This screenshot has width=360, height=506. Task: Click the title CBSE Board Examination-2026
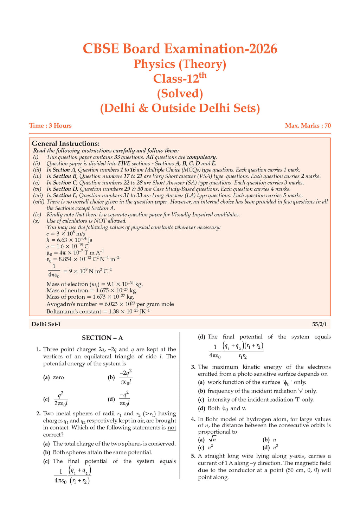(x=180, y=49)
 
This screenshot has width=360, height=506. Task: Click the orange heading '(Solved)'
(x=180, y=93)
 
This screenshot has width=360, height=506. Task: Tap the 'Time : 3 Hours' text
(x=50, y=125)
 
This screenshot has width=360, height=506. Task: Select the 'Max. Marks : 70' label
(x=308, y=125)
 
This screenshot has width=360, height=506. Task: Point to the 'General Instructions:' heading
(x=66, y=143)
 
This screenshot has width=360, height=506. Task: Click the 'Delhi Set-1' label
(x=46, y=324)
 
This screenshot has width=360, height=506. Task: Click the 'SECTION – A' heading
(x=102, y=338)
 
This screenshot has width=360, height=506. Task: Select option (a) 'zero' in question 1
(x=58, y=377)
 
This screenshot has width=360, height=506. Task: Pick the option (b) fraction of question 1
(x=126, y=377)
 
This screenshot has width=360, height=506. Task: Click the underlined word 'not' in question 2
(x=172, y=428)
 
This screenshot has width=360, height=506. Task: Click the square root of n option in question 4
(x=212, y=439)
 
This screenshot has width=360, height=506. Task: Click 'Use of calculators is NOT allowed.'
(x=86, y=221)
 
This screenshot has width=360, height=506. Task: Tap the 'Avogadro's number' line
(x=110, y=304)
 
